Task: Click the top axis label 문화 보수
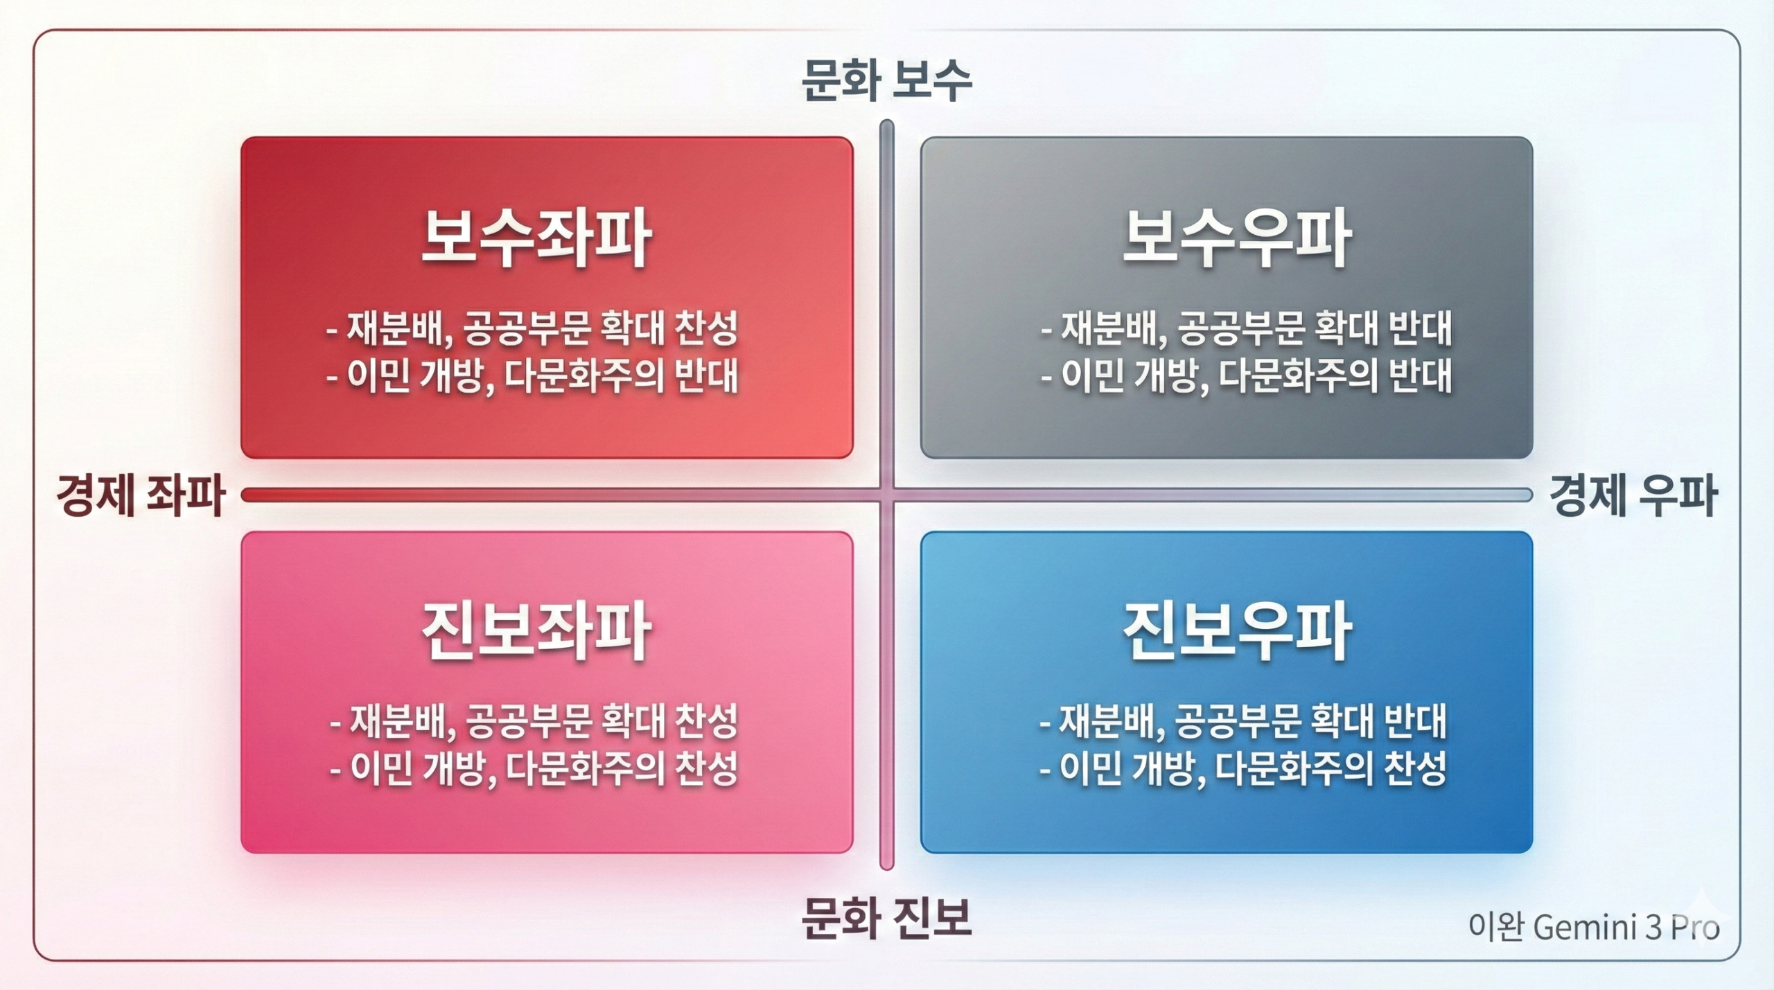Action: pos(886,81)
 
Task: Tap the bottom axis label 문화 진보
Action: pos(886,918)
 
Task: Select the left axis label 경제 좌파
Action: pos(141,495)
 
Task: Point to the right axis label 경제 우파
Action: pos(1633,495)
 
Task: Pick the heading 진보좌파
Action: pos(536,630)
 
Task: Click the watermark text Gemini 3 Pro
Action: pos(1626,928)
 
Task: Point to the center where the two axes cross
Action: pos(886,495)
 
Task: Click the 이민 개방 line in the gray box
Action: pos(1246,377)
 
